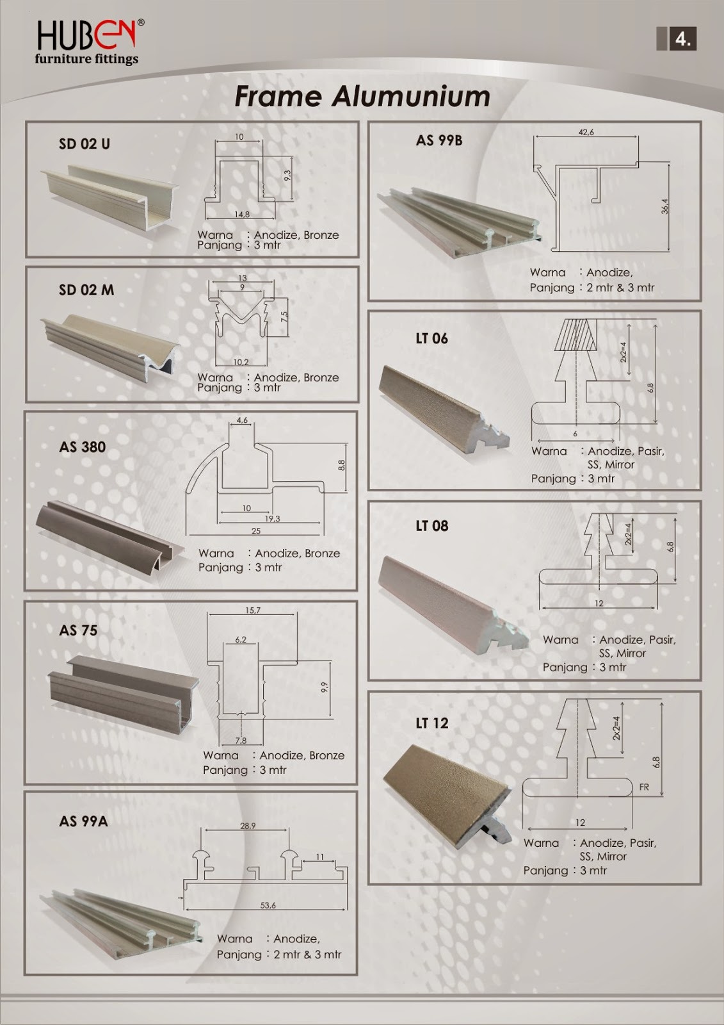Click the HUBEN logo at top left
point(88,42)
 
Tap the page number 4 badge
point(682,39)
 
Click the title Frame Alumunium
point(362,96)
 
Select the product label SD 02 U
point(84,143)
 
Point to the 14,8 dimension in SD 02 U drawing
point(241,214)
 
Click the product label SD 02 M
point(86,290)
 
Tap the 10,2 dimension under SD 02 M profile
point(241,362)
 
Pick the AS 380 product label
point(82,447)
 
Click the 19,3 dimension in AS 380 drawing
point(272,519)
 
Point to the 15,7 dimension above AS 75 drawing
point(252,611)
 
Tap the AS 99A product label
point(83,821)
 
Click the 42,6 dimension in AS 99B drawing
point(586,132)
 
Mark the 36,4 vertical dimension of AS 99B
point(664,206)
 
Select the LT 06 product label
point(431,338)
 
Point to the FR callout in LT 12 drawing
point(644,787)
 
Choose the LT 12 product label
point(431,723)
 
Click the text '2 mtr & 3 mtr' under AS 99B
point(620,288)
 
